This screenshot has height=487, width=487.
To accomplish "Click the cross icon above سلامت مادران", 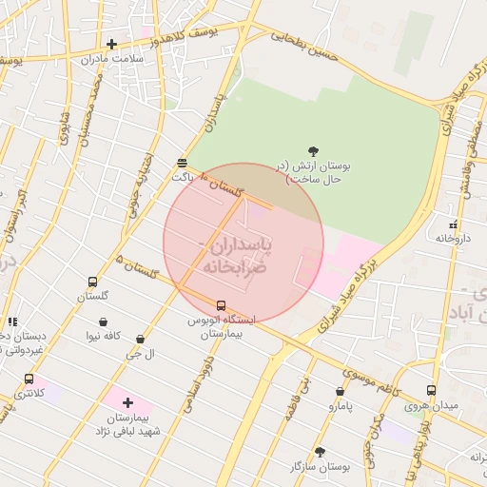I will [112, 44].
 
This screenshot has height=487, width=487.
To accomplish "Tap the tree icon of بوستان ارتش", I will [314, 150].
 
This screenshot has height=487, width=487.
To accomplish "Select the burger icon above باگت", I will [182, 162].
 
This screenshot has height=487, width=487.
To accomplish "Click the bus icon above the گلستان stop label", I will [92, 282].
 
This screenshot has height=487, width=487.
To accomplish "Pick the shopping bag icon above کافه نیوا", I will [103, 322].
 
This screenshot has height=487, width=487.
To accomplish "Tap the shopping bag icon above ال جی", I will [141, 339].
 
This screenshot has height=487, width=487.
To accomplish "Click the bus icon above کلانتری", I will [29, 379].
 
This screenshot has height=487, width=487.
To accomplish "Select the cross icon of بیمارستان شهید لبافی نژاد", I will [127, 403].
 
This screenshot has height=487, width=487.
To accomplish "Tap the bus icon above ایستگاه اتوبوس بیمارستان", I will [222, 305].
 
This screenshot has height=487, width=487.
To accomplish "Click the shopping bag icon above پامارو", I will [340, 391].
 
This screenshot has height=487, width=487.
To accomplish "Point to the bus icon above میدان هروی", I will [431, 390].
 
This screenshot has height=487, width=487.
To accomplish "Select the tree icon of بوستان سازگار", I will [320, 452].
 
